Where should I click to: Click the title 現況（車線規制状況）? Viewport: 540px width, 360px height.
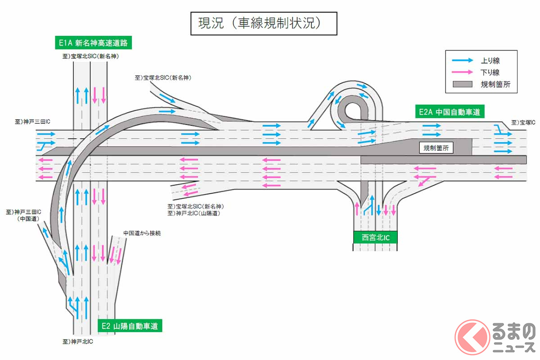pos(263,23)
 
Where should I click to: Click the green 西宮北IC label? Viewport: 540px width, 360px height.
pos(375,238)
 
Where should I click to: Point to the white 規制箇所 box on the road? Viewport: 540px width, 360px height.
pos(436,148)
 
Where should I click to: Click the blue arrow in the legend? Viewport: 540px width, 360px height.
pos(463,60)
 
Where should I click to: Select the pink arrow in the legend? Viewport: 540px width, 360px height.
pos(463,72)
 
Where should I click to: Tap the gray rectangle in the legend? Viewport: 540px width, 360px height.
pos(463,84)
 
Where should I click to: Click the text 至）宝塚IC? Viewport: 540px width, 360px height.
pos(523,122)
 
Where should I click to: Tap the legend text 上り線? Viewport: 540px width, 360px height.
pos(490,60)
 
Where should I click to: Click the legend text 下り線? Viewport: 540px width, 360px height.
pos(490,72)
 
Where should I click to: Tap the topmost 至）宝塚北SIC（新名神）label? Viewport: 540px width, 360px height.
pos(90,57)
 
